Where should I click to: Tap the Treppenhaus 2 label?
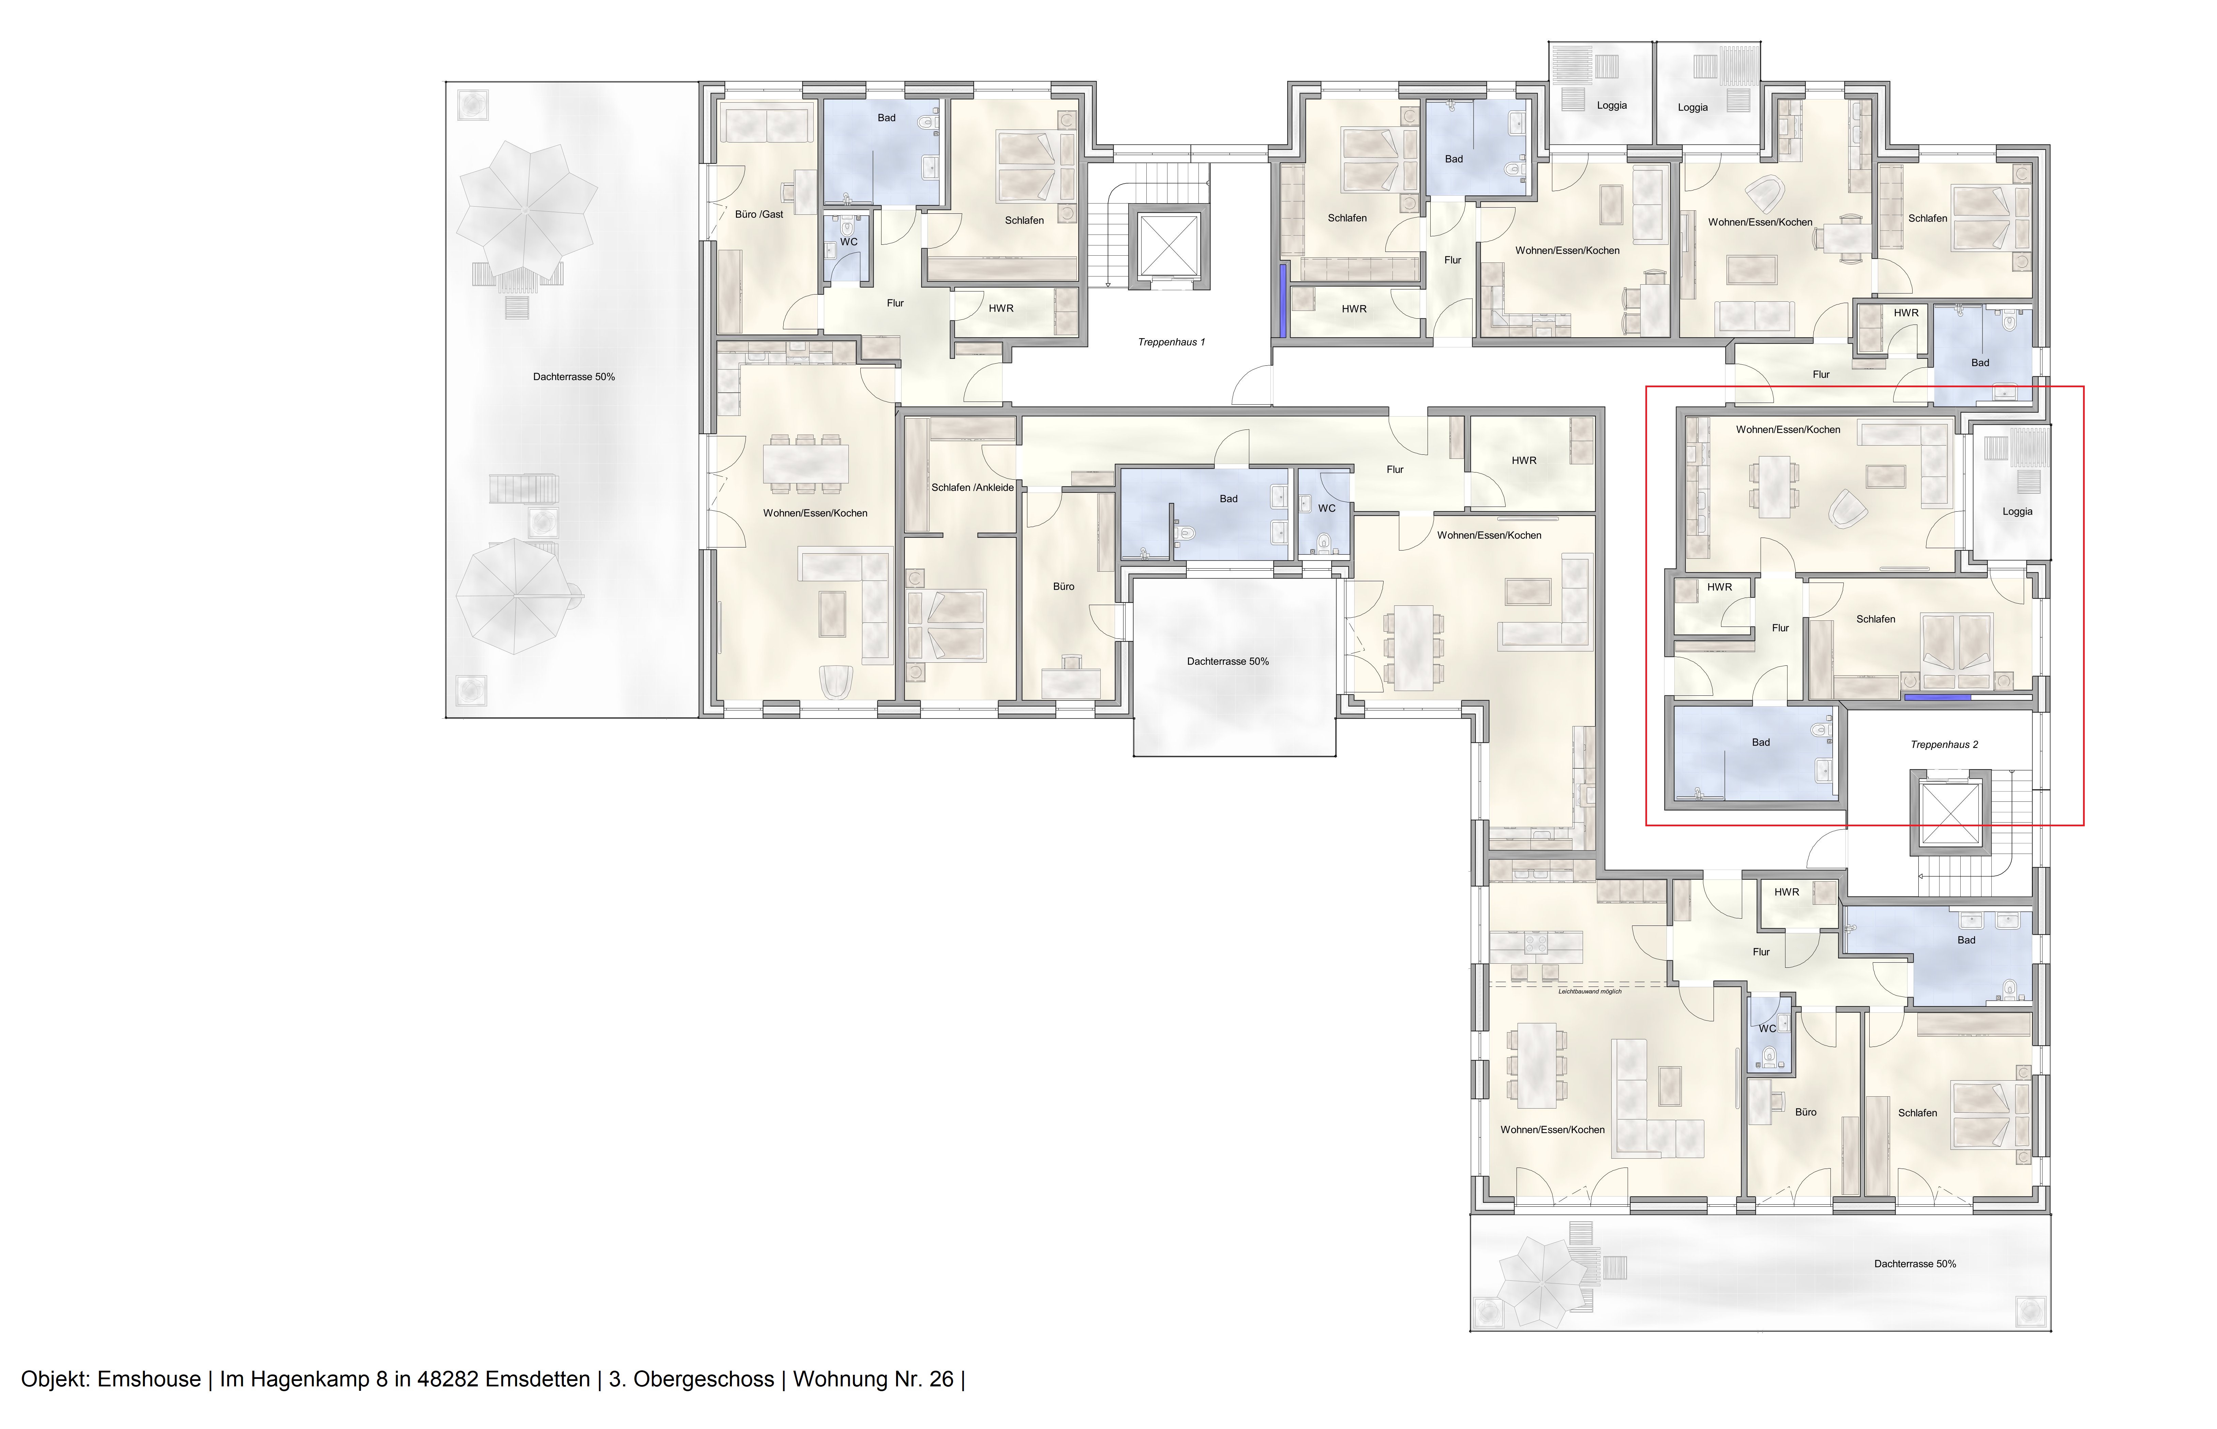[x=1944, y=744]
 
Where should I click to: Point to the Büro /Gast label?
[x=759, y=214]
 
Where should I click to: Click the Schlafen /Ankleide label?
[x=972, y=487]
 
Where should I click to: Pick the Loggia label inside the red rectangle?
[x=2017, y=511]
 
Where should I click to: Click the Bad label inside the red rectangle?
[x=1760, y=742]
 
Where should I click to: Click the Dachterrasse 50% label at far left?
[x=573, y=377]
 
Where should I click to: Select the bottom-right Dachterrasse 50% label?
[x=1914, y=1264]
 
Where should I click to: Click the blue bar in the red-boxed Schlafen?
[x=1937, y=696]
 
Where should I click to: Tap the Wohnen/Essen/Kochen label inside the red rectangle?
[x=1788, y=430]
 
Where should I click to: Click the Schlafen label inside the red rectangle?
[x=1875, y=619]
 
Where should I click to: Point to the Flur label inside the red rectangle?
[x=1779, y=628]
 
